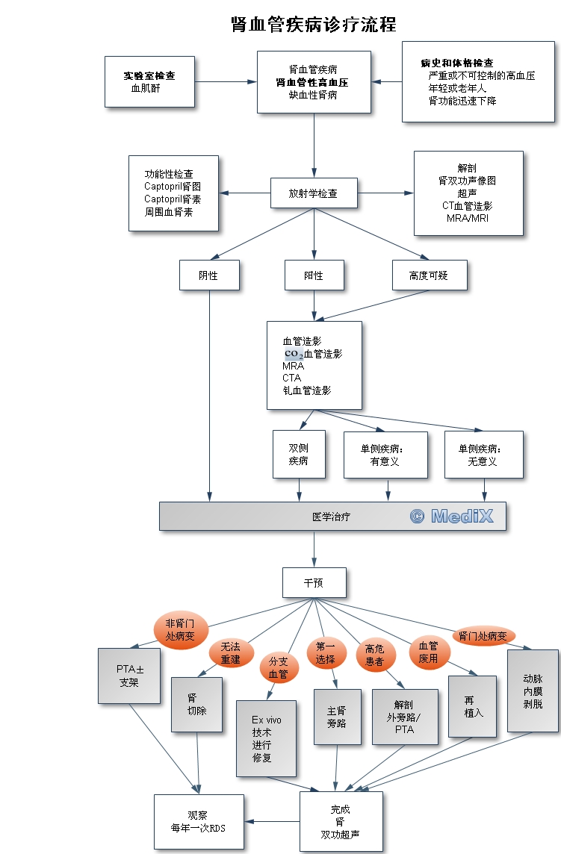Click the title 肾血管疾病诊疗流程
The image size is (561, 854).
point(314,25)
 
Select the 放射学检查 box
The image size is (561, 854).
point(313,193)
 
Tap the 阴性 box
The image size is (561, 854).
point(209,275)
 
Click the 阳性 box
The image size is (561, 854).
point(314,275)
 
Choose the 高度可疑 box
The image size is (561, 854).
point(430,275)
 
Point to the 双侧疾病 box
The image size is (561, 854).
point(299,454)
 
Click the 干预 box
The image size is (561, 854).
point(314,582)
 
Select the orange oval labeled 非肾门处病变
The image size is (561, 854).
point(180,630)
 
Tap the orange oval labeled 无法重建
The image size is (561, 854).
point(230,654)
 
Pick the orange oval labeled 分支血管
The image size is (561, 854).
point(278,667)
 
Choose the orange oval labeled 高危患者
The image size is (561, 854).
point(374,655)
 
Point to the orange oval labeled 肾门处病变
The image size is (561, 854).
point(483,636)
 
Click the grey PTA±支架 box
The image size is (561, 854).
point(129,676)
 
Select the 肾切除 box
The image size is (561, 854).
point(197,704)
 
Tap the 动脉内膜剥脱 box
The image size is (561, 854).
point(533,691)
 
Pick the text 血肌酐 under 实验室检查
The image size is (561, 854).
point(146,88)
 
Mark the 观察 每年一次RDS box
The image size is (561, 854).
point(199,822)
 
